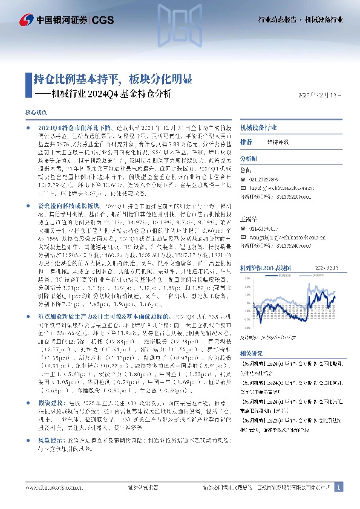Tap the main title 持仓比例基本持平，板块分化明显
pos(113,79)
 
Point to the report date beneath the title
pos(321,94)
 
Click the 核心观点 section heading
pos(34,112)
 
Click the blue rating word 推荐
pos(246,141)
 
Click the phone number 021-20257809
pos(266,180)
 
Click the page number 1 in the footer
pos(339,487)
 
